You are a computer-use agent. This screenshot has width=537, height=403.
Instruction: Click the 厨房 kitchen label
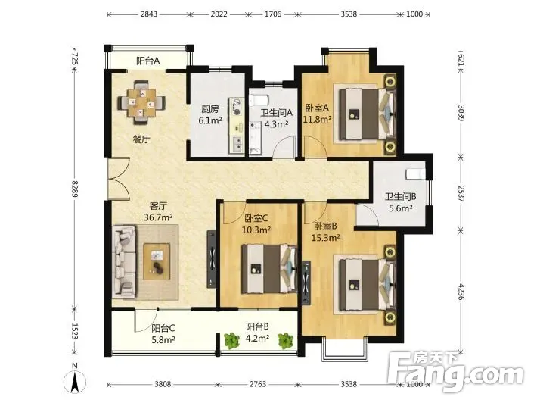click(x=210, y=109)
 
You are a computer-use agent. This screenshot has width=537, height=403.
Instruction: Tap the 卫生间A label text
click(x=276, y=113)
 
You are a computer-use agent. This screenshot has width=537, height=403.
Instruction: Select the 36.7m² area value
click(x=158, y=217)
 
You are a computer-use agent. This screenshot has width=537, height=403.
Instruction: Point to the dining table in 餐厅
click(x=141, y=102)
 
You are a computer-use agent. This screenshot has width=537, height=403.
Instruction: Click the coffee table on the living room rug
click(x=157, y=261)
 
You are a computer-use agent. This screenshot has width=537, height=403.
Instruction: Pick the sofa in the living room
click(x=124, y=261)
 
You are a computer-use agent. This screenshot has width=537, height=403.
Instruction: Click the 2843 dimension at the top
click(x=149, y=14)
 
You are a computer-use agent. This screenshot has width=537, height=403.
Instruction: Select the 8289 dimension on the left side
click(x=75, y=189)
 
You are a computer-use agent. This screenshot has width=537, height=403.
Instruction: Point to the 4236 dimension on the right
click(x=461, y=292)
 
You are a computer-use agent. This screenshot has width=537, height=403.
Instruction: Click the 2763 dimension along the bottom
click(x=258, y=384)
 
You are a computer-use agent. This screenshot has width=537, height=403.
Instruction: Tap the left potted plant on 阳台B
click(x=232, y=341)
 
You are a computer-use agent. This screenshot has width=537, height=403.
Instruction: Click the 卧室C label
click(x=256, y=218)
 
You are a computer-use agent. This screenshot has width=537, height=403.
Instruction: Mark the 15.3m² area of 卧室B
click(x=325, y=237)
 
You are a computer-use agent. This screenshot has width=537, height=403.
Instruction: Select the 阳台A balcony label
click(x=148, y=61)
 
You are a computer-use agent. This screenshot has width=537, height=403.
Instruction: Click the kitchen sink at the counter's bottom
click(x=237, y=143)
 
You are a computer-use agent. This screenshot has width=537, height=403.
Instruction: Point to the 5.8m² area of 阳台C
click(x=163, y=339)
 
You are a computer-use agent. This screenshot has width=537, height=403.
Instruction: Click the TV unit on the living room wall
click(x=212, y=259)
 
